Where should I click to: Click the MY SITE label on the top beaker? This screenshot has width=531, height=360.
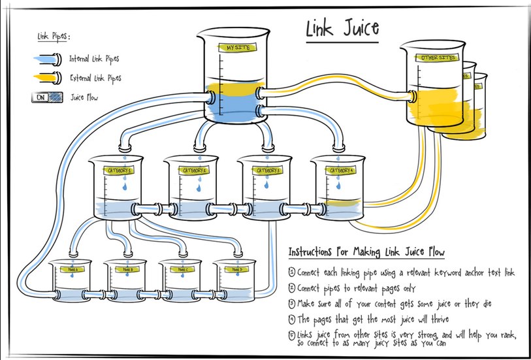[236, 48]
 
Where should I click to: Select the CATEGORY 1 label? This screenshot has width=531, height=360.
[121, 171]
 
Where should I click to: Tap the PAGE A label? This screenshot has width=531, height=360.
[71, 269]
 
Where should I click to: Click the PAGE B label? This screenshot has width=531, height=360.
[127, 269]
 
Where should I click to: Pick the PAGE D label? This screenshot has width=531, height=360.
[236, 269]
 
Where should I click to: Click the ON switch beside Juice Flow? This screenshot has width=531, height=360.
[39, 97]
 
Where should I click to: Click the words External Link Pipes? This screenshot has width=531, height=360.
[95, 78]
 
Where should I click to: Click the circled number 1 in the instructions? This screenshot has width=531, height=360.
[291, 272]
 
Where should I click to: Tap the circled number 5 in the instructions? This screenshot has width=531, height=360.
[291, 335]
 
